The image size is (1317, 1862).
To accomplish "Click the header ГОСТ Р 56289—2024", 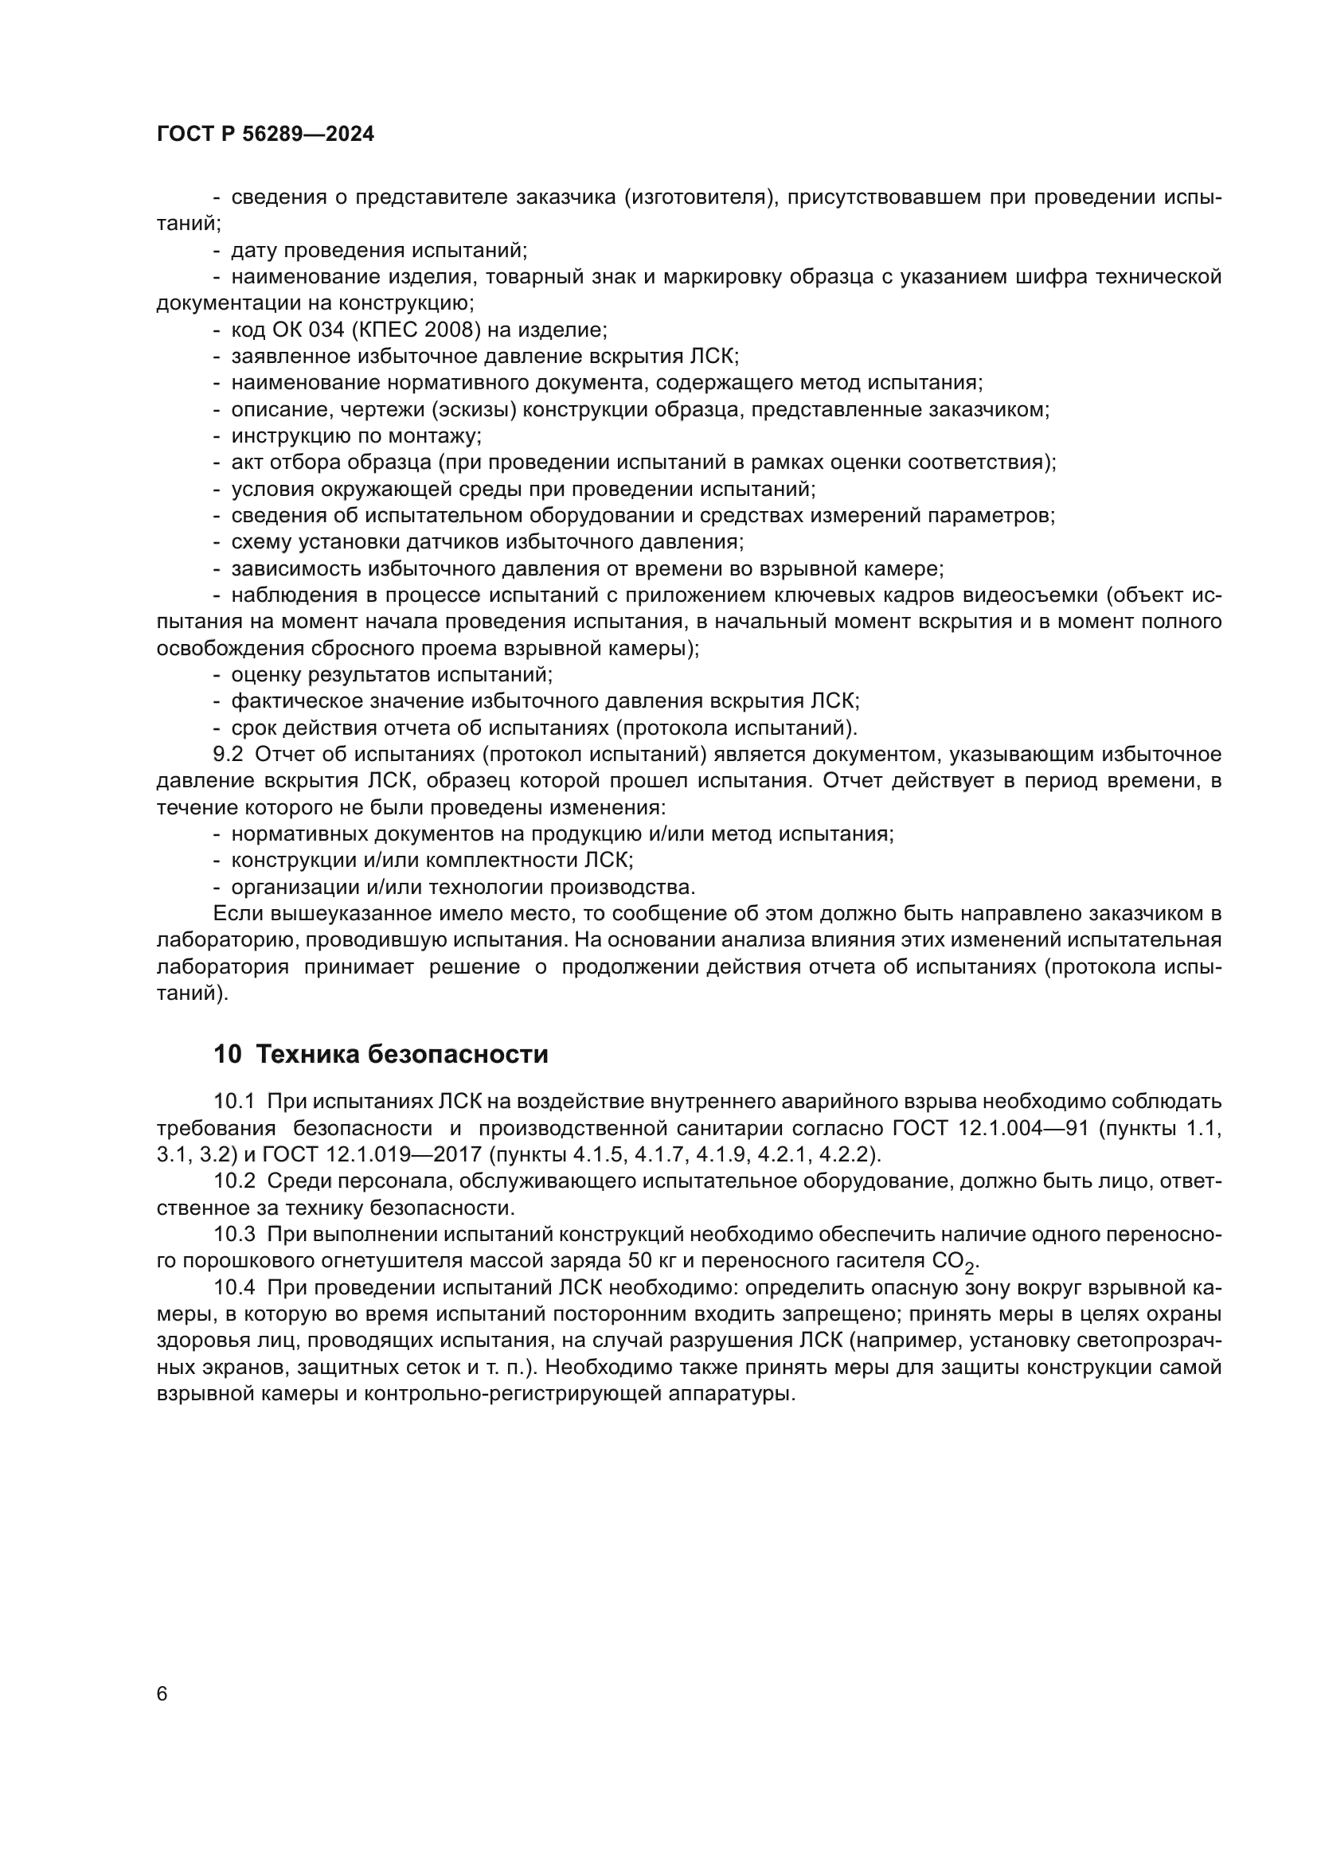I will point(265,135).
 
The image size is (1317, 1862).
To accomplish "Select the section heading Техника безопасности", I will point(401,1054).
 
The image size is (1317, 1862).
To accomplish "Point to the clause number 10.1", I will point(233,1101).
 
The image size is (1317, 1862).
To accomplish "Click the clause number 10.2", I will point(233,1181).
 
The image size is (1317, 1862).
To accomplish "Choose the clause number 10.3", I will point(233,1235).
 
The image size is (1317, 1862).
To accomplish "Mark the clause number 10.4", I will point(233,1288).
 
